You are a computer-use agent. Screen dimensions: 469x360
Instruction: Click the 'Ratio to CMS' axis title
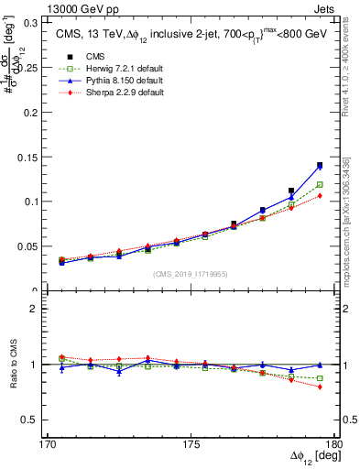(x=13, y=365)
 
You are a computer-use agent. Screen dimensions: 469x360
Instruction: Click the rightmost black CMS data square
(x=320, y=166)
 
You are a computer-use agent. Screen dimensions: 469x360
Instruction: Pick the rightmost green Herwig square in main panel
(x=320, y=184)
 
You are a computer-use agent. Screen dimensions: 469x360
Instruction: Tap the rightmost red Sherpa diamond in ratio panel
(x=320, y=387)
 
